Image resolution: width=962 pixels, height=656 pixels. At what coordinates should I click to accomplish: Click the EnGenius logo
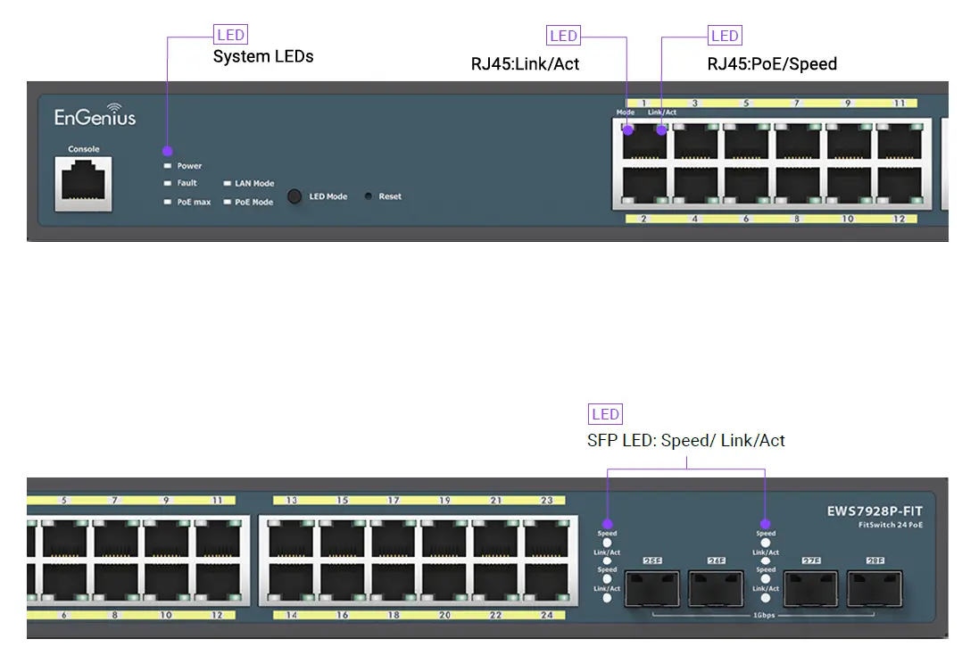point(95,117)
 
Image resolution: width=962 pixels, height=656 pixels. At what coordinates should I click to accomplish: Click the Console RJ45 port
point(84,183)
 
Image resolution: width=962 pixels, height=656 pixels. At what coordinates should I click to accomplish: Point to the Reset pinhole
point(368,196)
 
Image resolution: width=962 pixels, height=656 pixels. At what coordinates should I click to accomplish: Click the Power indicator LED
point(167,166)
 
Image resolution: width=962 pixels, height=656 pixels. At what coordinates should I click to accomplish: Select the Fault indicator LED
point(167,183)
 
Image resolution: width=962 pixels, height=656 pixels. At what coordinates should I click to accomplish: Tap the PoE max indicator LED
point(167,203)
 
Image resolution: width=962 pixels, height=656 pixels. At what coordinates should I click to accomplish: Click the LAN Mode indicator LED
point(227,184)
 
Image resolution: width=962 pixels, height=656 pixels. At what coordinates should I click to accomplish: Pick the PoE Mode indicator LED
point(227,203)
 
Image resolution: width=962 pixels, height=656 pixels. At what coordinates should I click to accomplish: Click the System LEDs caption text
point(263,57)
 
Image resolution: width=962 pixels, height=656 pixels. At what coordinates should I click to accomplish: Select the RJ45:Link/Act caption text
point(525,64)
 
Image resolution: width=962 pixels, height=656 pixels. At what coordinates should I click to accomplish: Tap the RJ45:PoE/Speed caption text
point(772,64)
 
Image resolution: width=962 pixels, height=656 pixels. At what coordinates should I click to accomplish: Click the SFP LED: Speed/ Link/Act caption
point(685,441)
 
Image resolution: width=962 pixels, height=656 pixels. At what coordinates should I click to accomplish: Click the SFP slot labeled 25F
point(652,590)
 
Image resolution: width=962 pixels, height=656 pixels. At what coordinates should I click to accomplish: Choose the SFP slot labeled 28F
point(875,590)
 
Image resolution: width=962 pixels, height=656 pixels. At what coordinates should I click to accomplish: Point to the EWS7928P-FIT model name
point(874,511)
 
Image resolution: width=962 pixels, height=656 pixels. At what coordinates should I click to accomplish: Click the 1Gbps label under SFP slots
point(763,617)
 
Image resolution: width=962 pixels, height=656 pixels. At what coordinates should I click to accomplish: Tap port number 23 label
point(546,501)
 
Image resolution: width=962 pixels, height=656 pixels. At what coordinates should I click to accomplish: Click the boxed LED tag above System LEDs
point(230,36)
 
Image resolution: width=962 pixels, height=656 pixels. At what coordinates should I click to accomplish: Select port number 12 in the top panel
point(899,219)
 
